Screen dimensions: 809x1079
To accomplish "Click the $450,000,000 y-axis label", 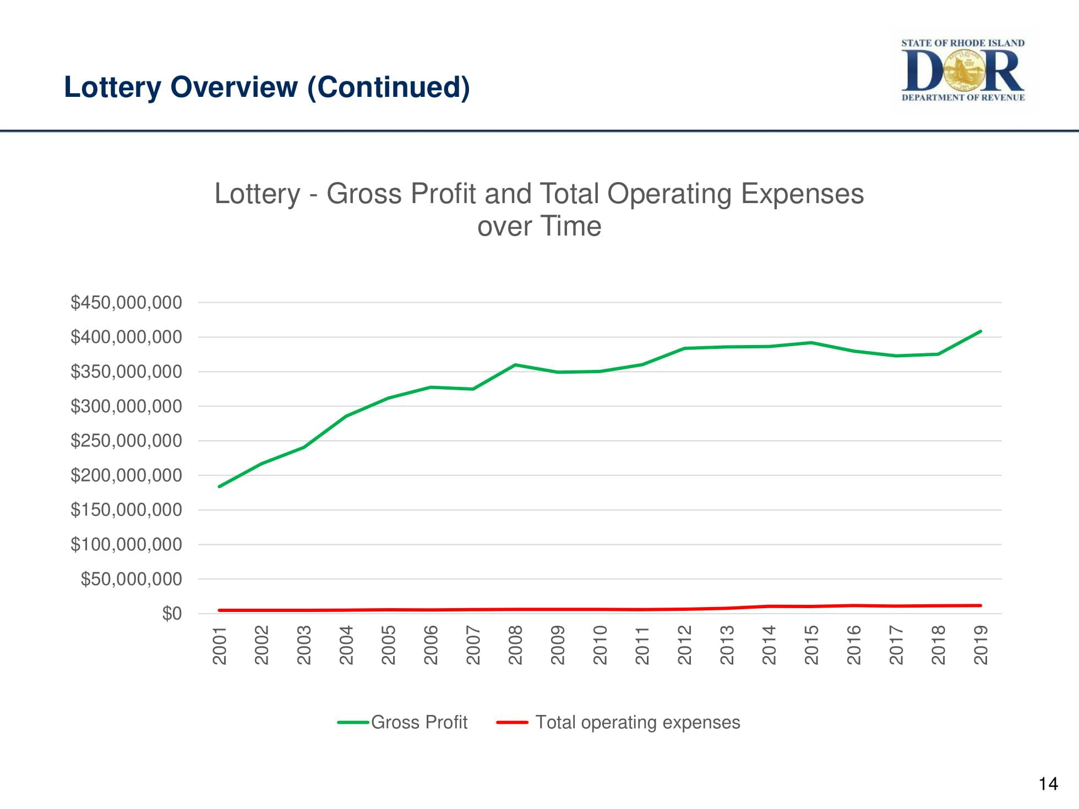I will (x=126, y=303).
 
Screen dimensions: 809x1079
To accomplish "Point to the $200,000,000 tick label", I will (x=126, y=475).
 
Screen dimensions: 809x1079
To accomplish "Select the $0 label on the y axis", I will (x=172, y=614).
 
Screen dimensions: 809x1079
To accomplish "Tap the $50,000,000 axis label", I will (x=131, y=580).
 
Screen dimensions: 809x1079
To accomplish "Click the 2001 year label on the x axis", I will (x=220, y=645).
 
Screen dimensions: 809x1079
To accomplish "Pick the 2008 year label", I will (x=515, y=645).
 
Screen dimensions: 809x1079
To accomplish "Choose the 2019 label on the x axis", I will (x=980, y=645).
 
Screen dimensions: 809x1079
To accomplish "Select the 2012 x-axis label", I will (x=684, y=645).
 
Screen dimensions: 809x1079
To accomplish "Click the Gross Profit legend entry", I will (x=418, y=722).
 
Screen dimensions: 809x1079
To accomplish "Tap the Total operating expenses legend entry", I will (x=637, y=722).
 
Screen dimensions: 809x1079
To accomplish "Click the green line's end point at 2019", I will (x=980, y=331).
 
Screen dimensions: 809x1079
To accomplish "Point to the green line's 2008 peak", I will (x=515, y=365).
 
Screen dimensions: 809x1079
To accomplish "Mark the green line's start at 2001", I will (x=220, y=487).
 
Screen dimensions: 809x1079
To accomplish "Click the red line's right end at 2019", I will (x=980, y=605).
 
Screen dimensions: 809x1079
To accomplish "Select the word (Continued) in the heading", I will (x=389, y=87).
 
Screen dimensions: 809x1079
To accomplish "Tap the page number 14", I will (x=1048, y=783).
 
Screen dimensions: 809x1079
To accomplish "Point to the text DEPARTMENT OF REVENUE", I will (x=963, y=97).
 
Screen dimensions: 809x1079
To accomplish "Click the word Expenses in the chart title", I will (x=802, y=194).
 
